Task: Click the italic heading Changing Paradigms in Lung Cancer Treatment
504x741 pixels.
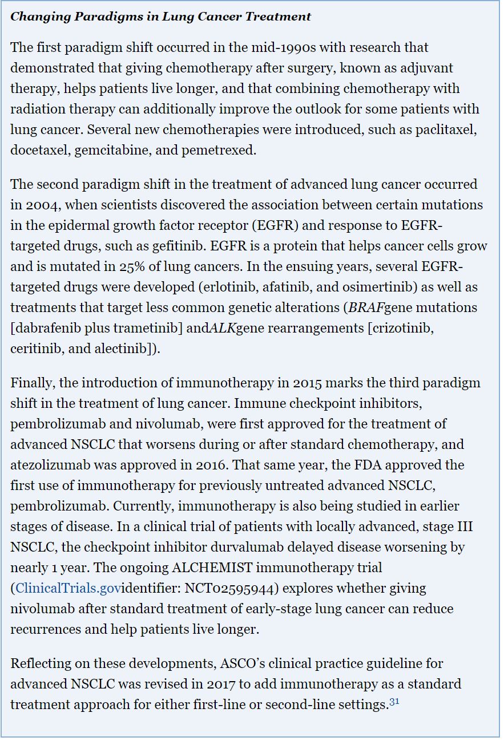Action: (160, 17)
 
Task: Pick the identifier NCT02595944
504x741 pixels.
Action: (215, 588)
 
